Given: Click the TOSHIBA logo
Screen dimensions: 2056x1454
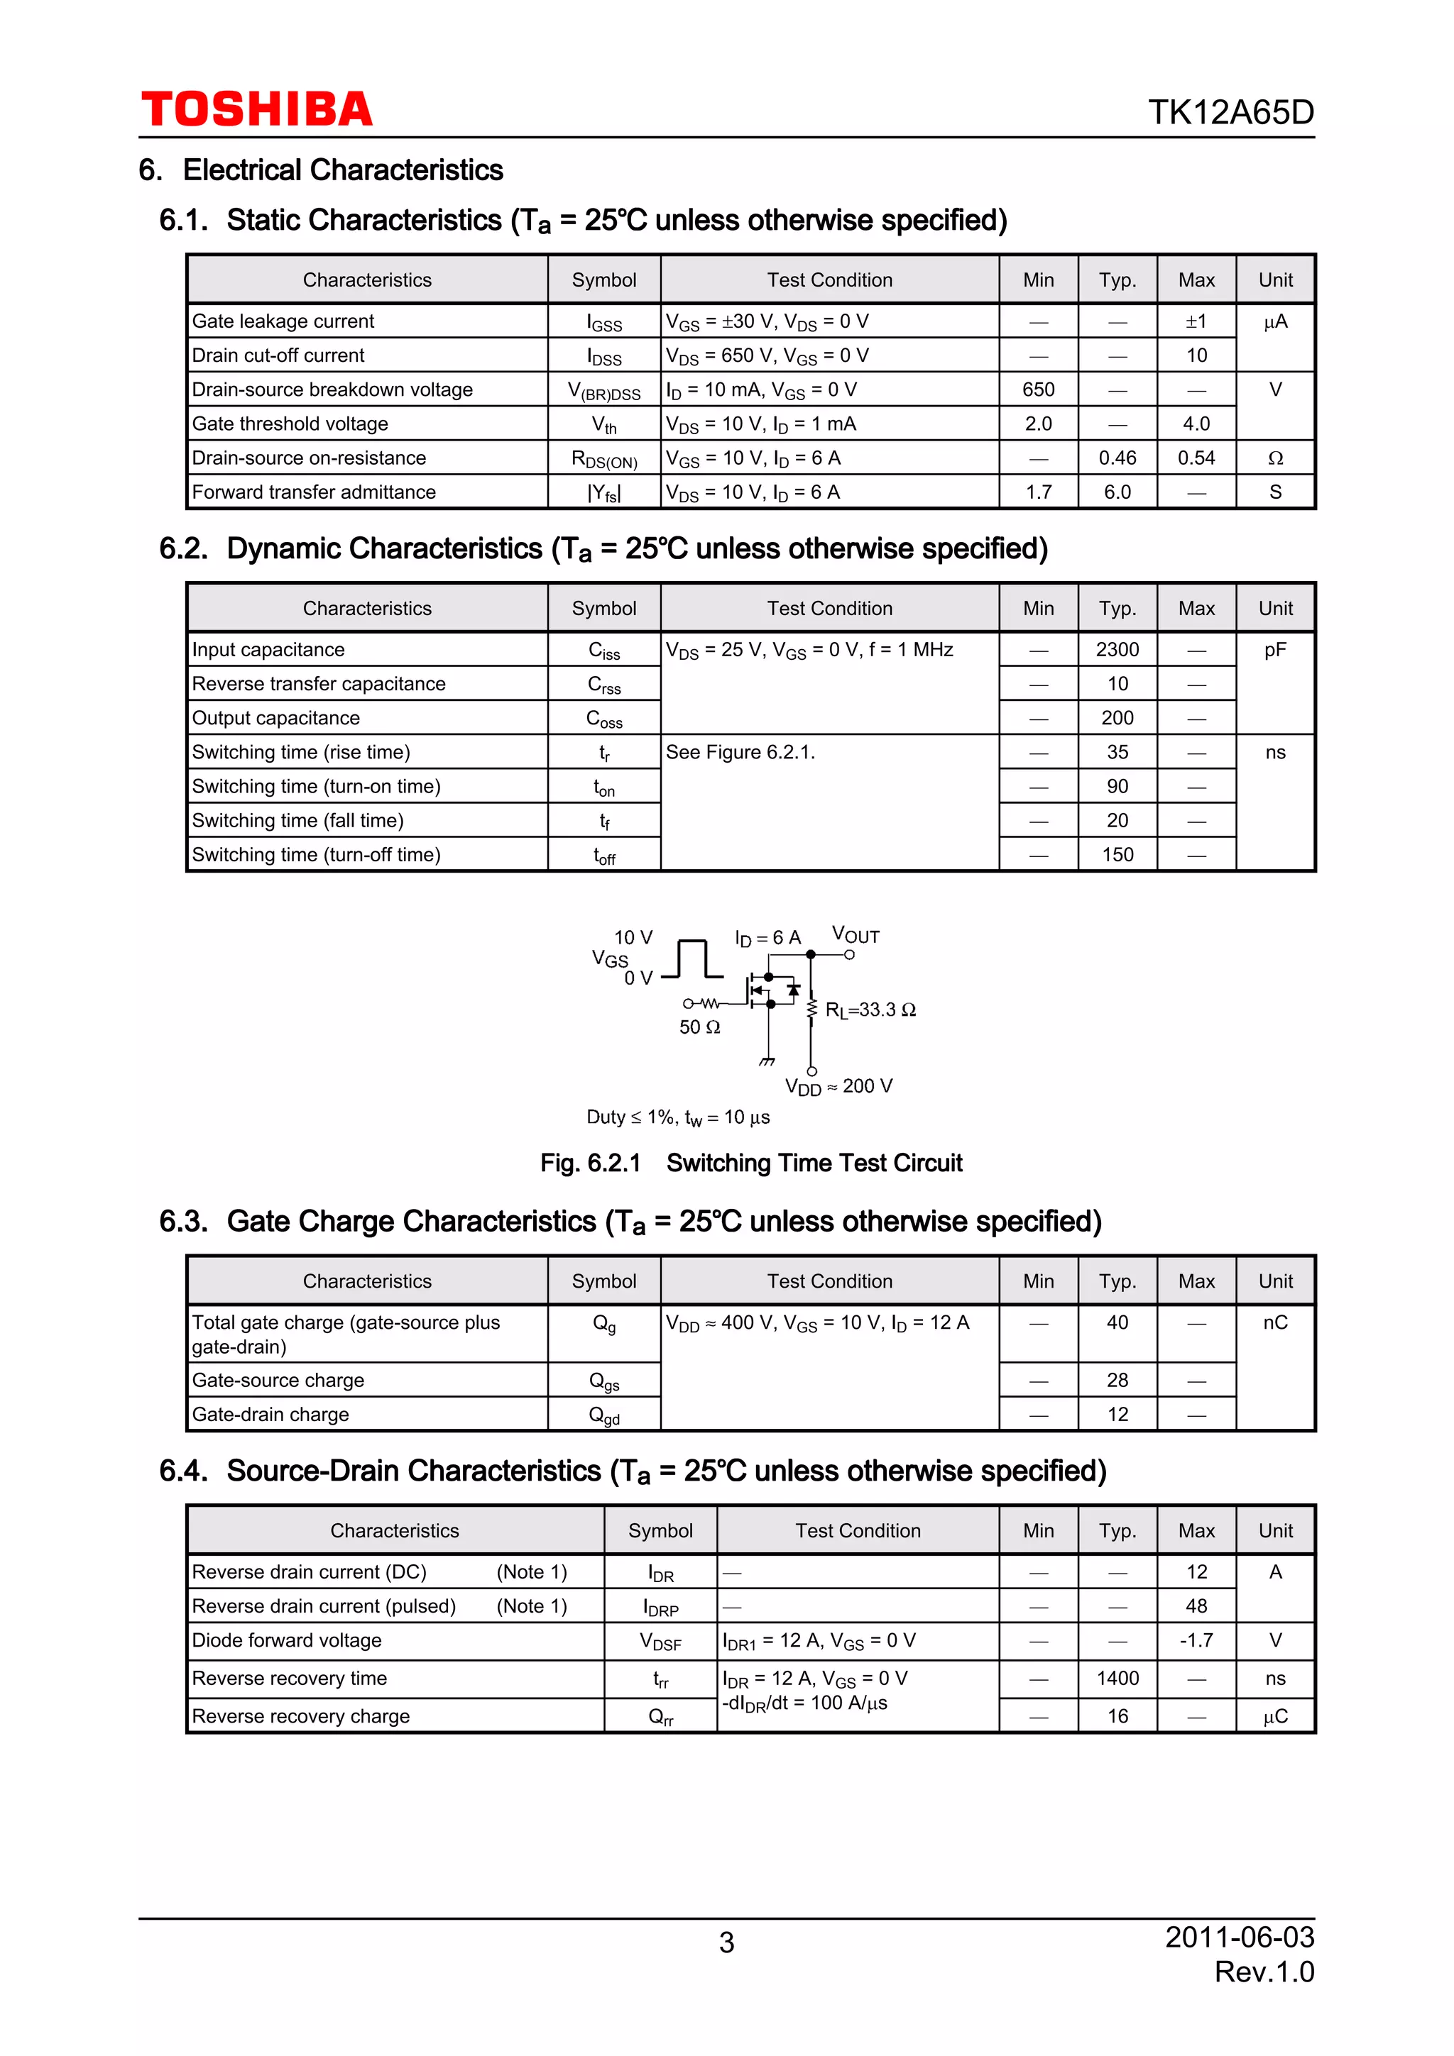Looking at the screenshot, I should point(256,109).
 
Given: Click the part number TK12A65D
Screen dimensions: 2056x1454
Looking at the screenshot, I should point(1230,113).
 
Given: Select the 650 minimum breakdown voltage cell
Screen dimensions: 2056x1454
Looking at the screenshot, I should point(1037,389).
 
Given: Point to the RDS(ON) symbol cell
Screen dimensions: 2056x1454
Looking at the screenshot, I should point(603,460).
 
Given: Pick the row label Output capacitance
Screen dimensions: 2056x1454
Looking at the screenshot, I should point(276,718).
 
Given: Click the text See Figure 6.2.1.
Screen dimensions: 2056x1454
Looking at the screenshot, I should point(740,752).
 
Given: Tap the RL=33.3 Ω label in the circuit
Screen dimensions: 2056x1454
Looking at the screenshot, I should point(870,1010).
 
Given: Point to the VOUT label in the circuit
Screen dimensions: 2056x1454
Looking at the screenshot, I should point(856,936).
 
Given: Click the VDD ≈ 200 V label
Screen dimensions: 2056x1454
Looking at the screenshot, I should point(838,1086).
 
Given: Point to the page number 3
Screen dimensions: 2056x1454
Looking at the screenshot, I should point(726,1942).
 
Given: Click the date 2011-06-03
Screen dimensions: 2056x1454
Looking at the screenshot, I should point(1239,1937).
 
